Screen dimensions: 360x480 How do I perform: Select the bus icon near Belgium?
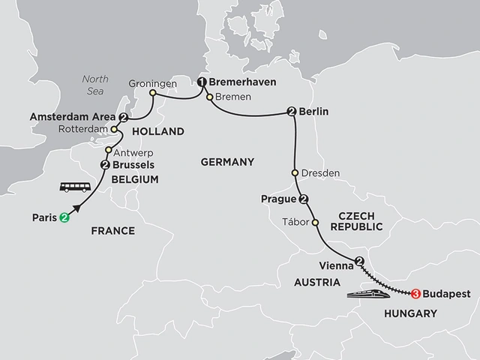(x=74, y=187)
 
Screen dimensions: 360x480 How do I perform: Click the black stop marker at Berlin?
(x=291, y=112)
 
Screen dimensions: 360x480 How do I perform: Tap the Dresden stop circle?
(x=295, y=173)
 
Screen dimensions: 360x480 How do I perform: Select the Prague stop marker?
(x=303, y=199)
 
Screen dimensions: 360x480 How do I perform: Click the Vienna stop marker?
(x=359, y=262)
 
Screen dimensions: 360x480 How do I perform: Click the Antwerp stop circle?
(x=109, y=151)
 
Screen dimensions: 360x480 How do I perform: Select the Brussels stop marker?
(x=106, y=166)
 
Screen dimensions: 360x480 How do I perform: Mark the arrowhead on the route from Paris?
(x=77, y=208)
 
